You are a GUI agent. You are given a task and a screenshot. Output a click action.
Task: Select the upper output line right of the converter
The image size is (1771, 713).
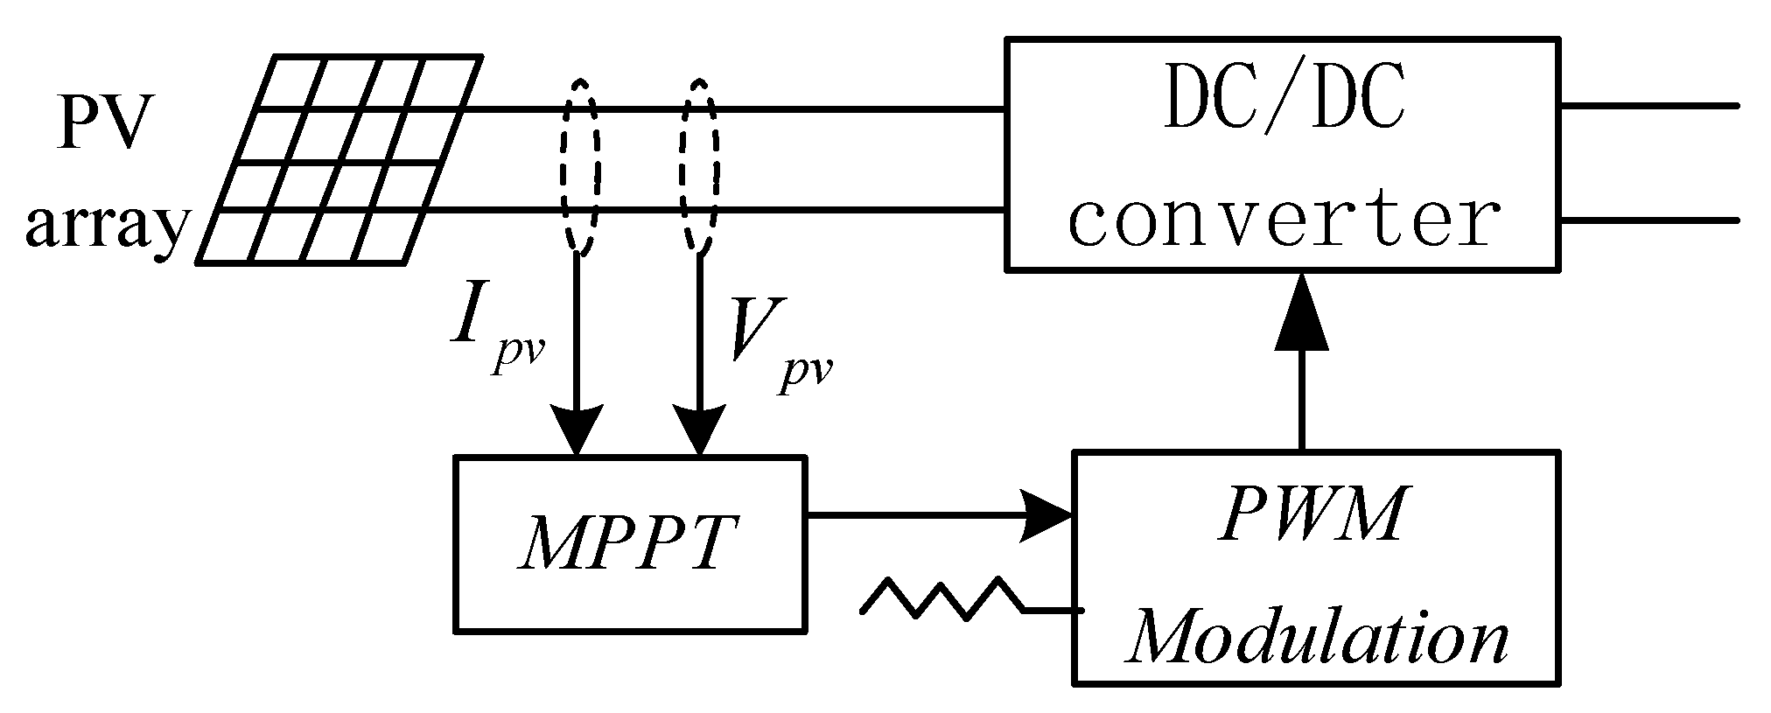point(1649,107)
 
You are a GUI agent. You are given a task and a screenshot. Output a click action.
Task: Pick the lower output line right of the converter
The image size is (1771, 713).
point(1649,220)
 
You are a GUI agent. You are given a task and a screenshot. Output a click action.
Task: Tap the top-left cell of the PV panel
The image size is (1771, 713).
point(290,83)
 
